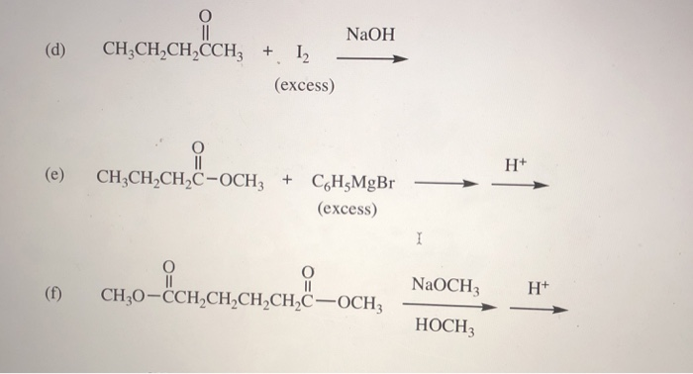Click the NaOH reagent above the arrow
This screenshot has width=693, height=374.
pyautogui.click(x=370, y=36)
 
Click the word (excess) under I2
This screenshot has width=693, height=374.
pyautogui.click(x=305, y=86)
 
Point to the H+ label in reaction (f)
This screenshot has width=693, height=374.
pyautogui.click(x=538, y=289)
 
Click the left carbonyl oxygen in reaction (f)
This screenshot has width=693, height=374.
pyautogui.click(x=169, y=267)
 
